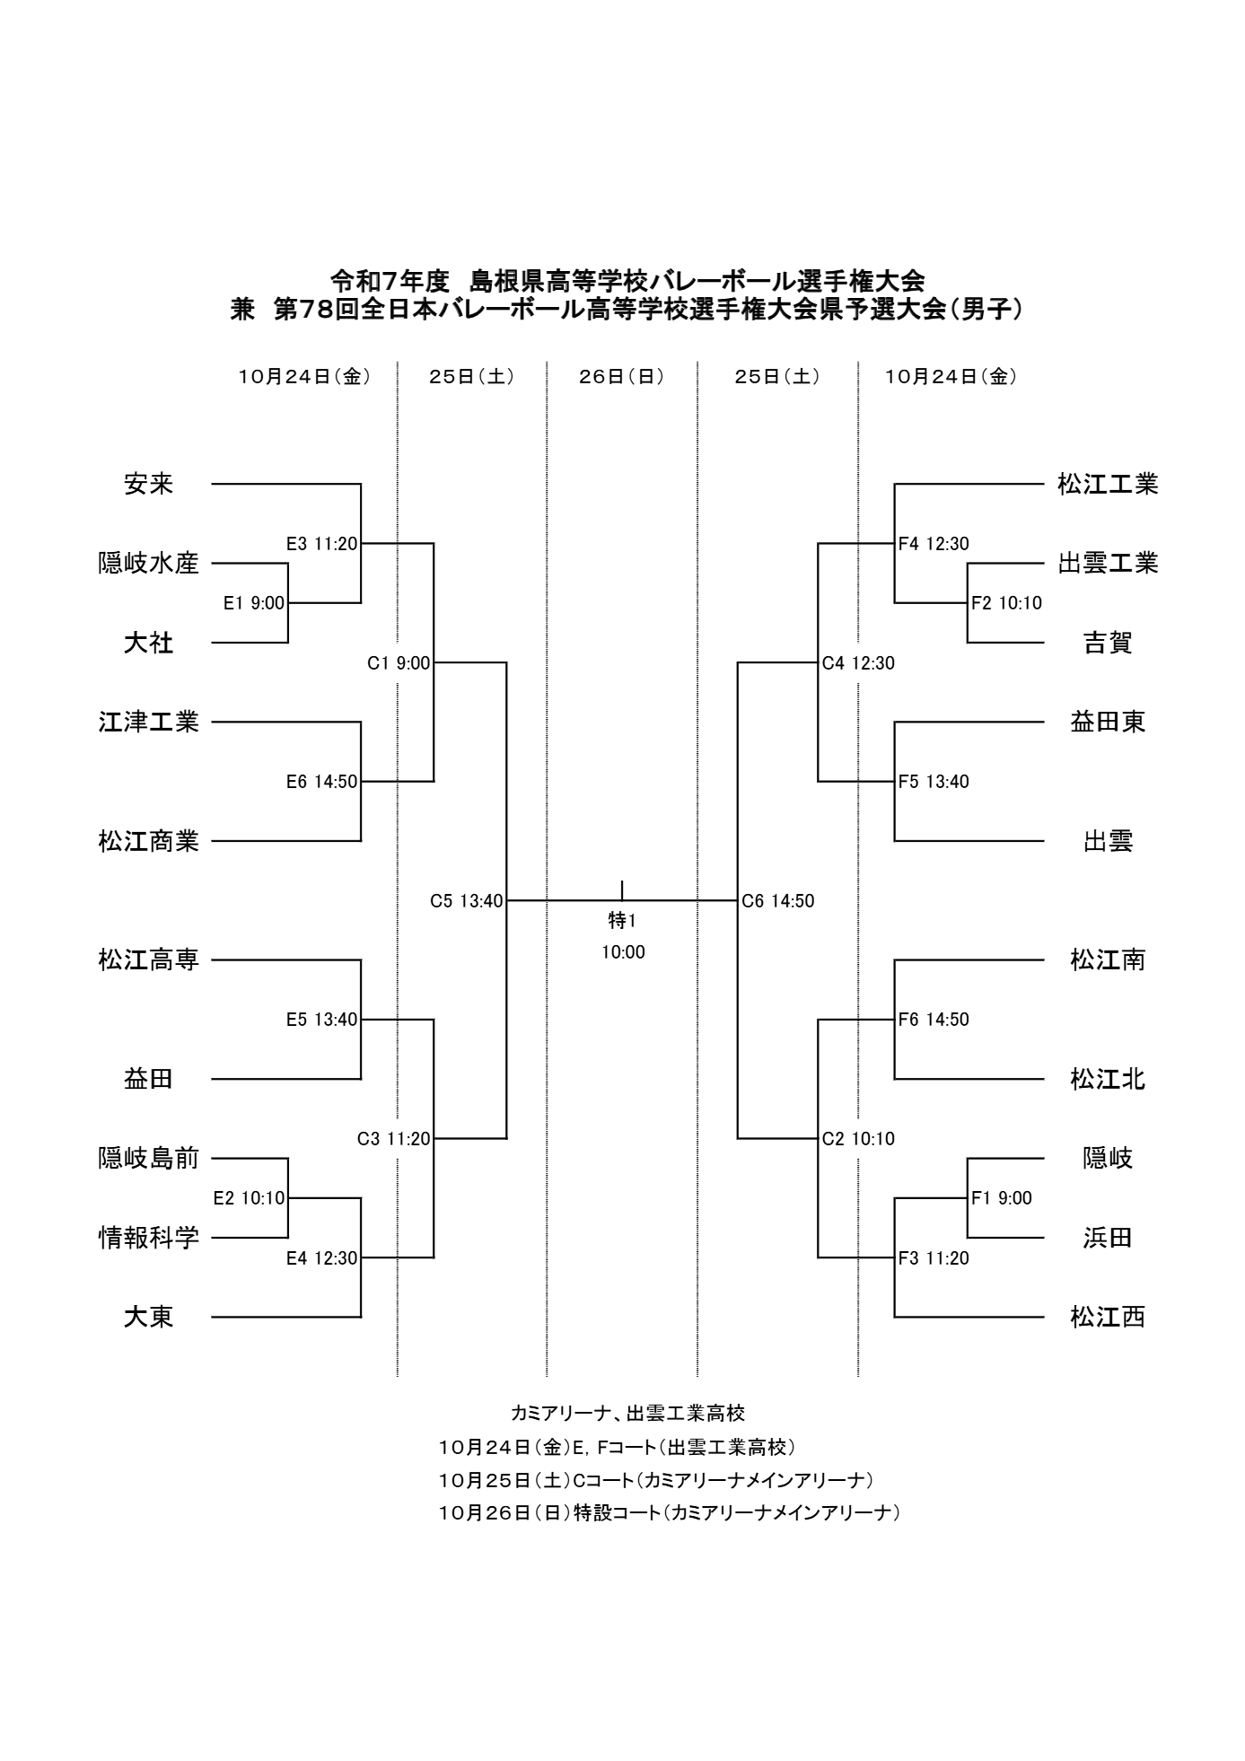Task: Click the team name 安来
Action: click(x=148, y=485)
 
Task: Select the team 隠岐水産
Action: click(x=148, y=564)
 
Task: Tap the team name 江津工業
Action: click(x=148, y=722)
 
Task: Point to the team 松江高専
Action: click(x=148, y=960)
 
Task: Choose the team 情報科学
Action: click(x=148, y=1238)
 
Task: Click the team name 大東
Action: click(x=148, y=1317)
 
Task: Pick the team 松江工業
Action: click(x=1108, y=485)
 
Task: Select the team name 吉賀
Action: click(x=1108, y=643)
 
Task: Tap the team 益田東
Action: click(x=1108, y=722)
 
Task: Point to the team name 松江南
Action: click(x=1108, y=960)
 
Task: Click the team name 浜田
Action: click(x=1108, y=1238)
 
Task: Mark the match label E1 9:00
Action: click(x=254, y=603)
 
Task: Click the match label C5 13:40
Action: click(x=466, y=901)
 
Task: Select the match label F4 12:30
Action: click(x=934, y=544)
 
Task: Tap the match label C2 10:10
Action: click(x=858, y=1139)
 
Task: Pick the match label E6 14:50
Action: click(x=321, y=782)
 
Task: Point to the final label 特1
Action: click(x=622, y=921)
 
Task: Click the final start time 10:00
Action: click(x=623, y=952)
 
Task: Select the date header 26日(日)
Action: click(x=621, y=377)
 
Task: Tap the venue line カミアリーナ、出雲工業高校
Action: click(x=627, y=1414)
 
